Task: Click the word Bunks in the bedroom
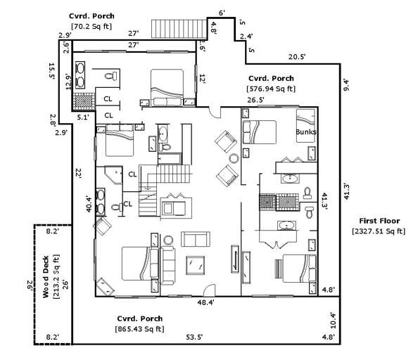pos(305,132)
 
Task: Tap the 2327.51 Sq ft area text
pos(378,231)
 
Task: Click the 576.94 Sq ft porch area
pos(271,89)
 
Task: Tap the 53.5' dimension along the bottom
pos(194,337)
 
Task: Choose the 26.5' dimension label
pos(255,100)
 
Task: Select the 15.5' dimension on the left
pos(51,71)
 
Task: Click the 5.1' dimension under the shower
pos(82,118)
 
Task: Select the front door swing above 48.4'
pos(208,289)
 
